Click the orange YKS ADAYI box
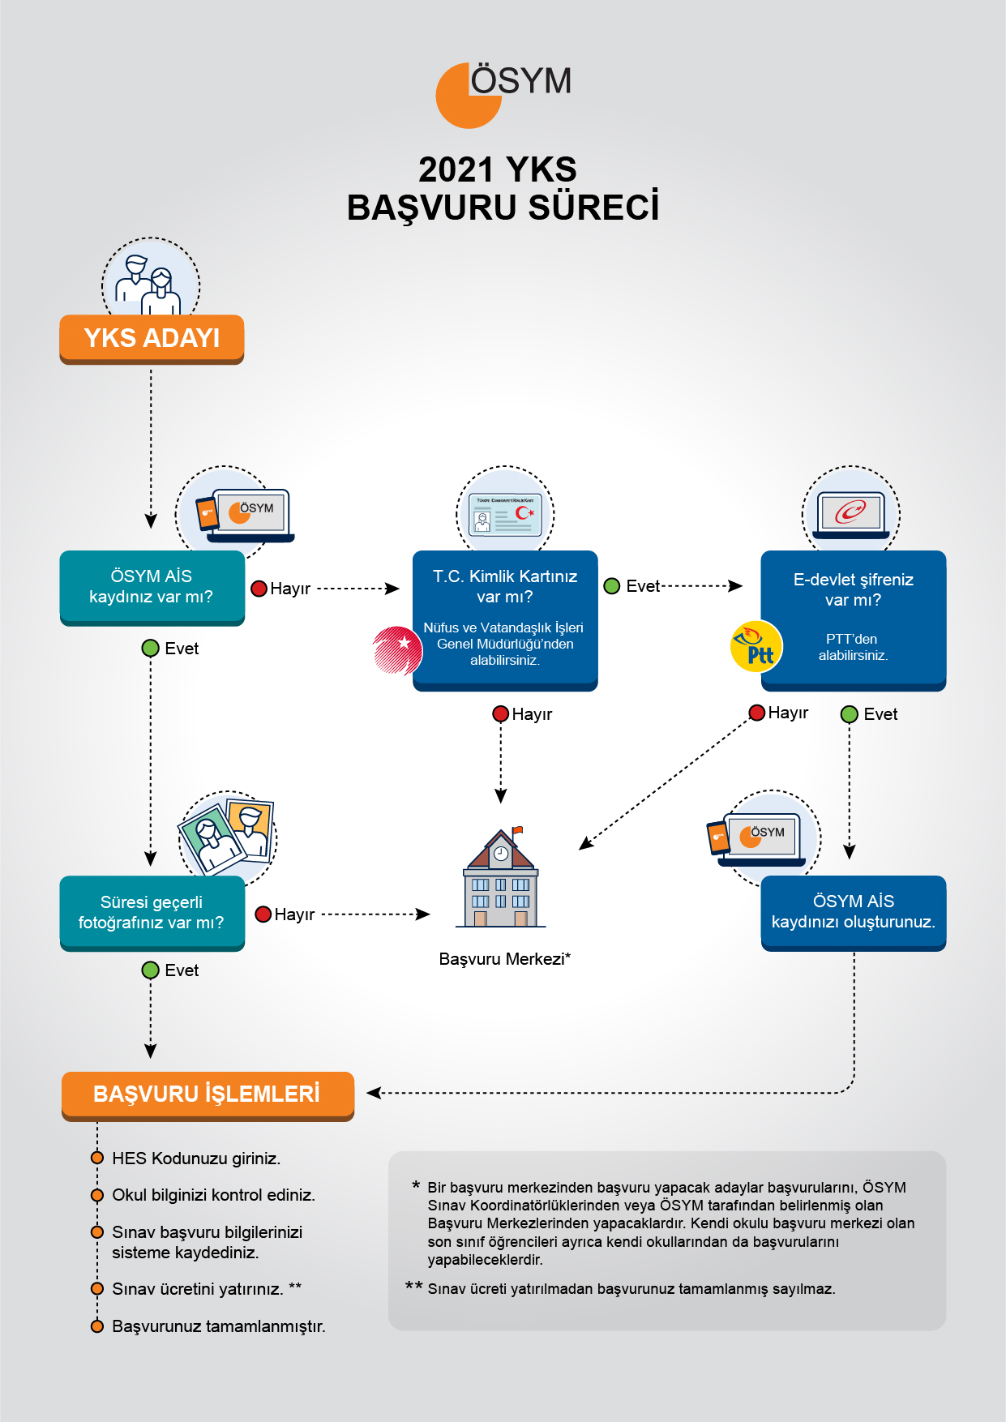point(152,339)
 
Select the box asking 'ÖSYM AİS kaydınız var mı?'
point(152,588)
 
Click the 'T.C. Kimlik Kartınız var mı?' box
point(505,620)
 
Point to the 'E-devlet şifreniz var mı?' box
point(854,620)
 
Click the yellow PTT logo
point(756,647)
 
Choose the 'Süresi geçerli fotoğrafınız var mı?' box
point(152,913)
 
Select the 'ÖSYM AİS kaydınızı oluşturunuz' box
point(854,913)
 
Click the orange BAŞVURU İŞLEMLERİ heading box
point(208,1096)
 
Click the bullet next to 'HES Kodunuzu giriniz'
point(97,1158)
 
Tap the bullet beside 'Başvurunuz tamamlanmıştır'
point(97,1326)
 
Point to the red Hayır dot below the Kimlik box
point(501,713)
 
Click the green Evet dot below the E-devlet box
point(850,714)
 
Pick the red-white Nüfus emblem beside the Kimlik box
point(398,650)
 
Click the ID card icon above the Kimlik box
point(506,514)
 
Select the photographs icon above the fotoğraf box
point(227,835)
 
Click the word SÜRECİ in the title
point(594,208)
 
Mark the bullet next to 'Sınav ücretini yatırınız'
point(97,1289)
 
